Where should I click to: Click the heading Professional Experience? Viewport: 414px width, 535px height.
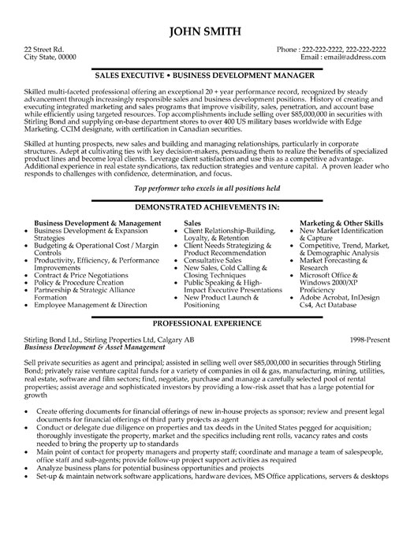point(207,324)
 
